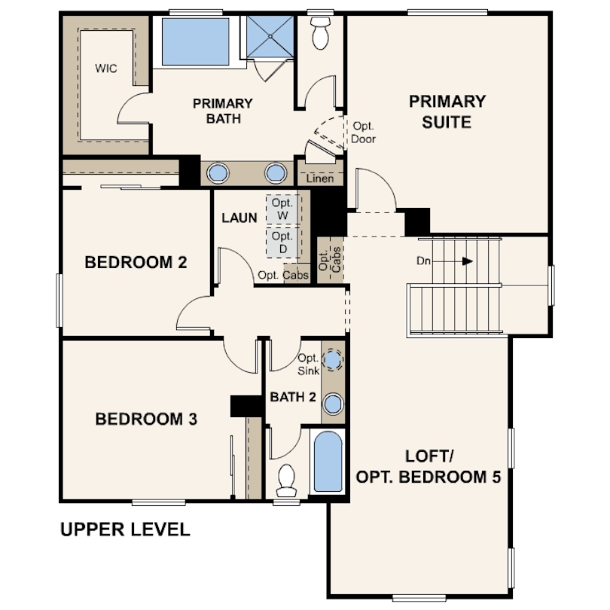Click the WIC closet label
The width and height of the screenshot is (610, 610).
[106, 69]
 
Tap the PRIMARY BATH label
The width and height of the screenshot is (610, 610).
[223, 111]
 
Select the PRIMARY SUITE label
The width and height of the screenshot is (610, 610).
[447, 111]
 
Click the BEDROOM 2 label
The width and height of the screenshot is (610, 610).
[136, 262]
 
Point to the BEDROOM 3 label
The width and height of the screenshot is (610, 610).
[146, 419]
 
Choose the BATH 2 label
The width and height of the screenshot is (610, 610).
[293, 397]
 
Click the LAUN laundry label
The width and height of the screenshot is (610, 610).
[239, 218]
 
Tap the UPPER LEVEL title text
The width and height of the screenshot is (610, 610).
[125, 529]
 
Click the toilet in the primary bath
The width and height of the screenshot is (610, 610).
[321, 33]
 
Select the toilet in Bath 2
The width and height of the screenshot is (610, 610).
[287, 480]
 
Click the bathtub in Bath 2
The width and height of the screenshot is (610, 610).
[328, 462]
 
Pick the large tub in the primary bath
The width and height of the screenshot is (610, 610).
[195, 41]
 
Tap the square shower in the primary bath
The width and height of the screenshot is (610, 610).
[270, 37]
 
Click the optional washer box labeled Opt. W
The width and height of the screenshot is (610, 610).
[283, 209]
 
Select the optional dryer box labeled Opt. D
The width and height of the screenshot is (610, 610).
[283, 242]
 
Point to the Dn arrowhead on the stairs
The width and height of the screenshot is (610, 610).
[467, 261]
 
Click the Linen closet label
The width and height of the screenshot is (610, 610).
[320, 178]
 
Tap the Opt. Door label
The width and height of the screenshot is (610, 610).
[363, 133]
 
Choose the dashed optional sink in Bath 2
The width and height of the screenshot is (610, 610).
[332, 360]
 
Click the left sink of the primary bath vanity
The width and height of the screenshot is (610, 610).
[218, 172]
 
